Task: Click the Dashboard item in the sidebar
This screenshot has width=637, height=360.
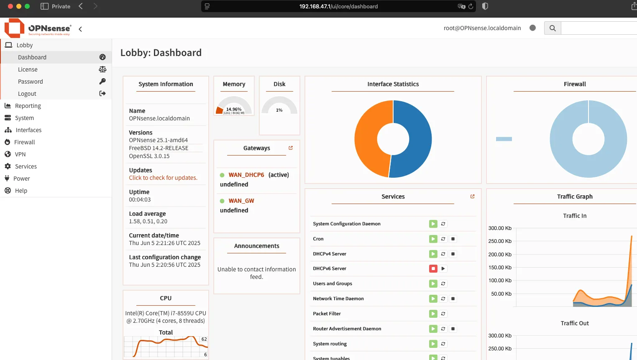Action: click(x=32, y=57)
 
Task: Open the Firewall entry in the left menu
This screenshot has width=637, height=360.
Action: click(x=25, y=142)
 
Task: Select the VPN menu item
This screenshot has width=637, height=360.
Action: click(x=20, y=154)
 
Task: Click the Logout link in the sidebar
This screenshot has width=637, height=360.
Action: click(x=27, y=94)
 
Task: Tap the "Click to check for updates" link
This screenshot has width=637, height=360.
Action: click(x=163, y=178)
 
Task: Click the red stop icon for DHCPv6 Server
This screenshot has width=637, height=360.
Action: click(x=433, y=268)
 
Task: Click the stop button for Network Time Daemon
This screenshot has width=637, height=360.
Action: click(x=453, y=299)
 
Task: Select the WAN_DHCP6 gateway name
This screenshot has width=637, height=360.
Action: click(x=246, y=175)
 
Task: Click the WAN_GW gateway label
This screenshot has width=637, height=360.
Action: click(x=241, y=201)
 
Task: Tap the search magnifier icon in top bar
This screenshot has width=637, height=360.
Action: click(x=553, y=28)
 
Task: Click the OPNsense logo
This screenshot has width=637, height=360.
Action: click(x=38, y=28)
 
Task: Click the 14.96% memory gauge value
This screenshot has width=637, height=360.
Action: click(x=234, y=109)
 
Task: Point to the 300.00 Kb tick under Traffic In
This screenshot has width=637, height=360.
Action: click(x=500, y=228)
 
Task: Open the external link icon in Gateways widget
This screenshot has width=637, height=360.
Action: click(x=291, y=148)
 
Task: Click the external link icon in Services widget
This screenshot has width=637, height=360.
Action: click(x=473, y=197)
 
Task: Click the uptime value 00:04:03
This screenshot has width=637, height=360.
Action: click(x=140, y=200)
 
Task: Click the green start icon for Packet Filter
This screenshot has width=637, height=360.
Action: click(x=433, y=314)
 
